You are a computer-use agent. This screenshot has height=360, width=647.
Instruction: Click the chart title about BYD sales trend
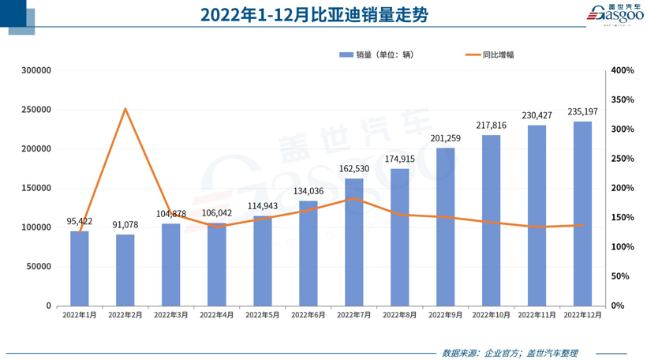[x=313, y=15]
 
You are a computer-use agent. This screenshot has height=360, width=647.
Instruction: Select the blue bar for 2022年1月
[x=80, y=268]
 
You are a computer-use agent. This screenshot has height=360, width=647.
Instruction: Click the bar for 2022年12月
[x=582, y=213]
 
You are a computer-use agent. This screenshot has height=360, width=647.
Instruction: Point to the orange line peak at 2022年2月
[x=125, y=109]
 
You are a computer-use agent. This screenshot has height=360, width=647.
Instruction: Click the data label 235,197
[x=582, y=112]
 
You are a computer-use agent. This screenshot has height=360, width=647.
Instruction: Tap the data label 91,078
[x=125, y=225]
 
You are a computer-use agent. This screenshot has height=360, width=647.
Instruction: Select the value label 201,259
[x=445, y=138]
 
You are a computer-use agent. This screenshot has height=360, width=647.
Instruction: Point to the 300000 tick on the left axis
[x=36, y=70]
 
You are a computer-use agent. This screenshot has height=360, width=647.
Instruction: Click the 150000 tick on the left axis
[x=36, y=188]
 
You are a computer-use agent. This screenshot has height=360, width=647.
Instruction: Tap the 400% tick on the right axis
[x=623, y=70]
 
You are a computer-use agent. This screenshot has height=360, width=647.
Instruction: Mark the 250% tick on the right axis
[x=623, y=159]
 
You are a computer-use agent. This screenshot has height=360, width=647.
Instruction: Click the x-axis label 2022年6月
[x=309, y=315]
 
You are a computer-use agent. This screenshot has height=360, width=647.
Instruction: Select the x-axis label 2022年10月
[x=491, y=315]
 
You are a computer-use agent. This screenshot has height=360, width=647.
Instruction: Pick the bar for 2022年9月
[x=445, y=227]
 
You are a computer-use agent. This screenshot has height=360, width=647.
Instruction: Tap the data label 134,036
[x=309, y=191]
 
